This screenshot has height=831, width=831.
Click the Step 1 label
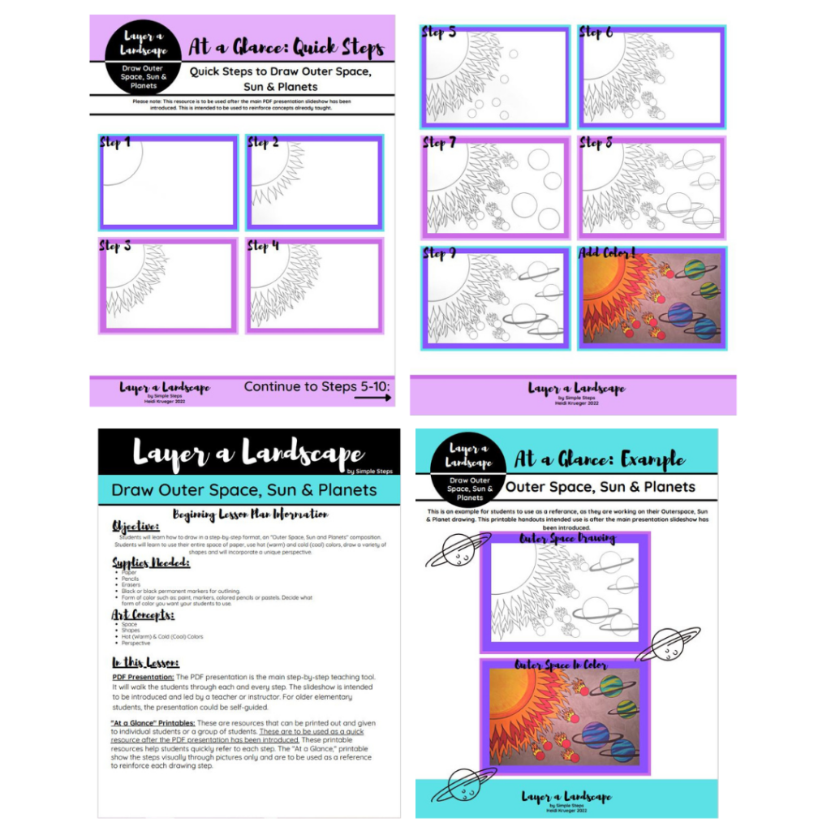[114, 144]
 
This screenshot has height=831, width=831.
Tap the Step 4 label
[263, 246]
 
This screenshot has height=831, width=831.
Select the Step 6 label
[596, 33]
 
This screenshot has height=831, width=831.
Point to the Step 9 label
[439, 254]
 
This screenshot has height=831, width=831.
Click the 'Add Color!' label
[607, 253]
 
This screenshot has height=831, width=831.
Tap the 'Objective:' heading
[136, 527]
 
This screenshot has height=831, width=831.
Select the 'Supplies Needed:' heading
[150, 562]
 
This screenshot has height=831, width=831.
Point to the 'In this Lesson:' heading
[145, 662]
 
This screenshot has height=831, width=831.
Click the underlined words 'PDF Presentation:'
[142, 676]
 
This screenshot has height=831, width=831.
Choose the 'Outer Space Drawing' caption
[567, 538]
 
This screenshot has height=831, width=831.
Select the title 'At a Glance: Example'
[601, 460]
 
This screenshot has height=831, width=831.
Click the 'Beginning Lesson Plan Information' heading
[250, 514]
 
